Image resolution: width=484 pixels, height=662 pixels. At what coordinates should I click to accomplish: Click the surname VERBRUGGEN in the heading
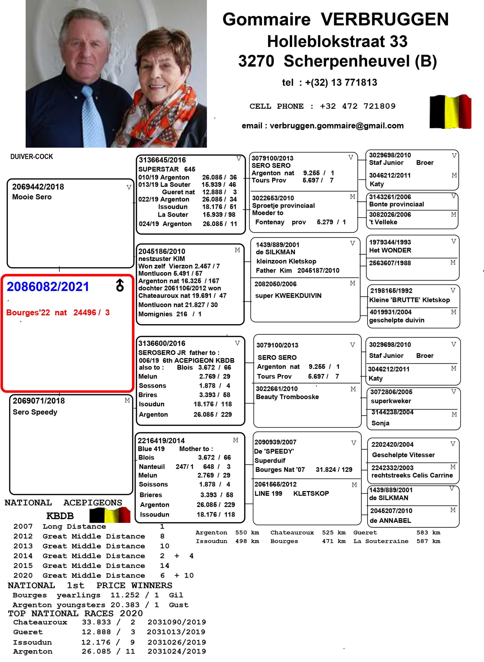point(384,19)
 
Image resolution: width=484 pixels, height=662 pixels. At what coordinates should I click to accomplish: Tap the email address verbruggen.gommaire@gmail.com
point(336,126)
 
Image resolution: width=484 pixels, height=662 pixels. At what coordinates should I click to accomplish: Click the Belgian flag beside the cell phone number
point(450,112)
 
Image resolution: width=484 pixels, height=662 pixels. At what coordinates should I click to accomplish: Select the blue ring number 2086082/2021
point(48,286)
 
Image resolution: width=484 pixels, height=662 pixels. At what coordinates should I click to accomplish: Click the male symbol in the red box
point(120,285)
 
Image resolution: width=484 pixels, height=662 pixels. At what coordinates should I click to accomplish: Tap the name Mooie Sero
point(32,197)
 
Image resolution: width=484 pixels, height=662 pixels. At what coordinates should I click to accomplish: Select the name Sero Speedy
point(35,412)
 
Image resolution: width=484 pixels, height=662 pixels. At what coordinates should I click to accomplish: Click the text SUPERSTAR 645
point(166,169)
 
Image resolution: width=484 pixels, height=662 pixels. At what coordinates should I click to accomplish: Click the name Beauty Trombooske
point(287,397)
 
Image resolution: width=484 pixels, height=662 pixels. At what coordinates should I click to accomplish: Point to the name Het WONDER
point(390,250)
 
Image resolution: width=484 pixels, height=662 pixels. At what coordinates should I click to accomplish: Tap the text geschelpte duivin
point(396,320)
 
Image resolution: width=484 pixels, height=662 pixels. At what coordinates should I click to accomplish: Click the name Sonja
point(380,423)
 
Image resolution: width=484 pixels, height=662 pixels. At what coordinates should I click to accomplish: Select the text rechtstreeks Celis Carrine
point(412,475)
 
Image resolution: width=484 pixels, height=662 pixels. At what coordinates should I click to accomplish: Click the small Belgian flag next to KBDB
point(110,515)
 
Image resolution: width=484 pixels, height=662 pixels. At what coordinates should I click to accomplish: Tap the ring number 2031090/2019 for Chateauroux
point(177,622)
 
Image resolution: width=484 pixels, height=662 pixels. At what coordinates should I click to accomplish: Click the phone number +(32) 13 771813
point(341,83)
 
